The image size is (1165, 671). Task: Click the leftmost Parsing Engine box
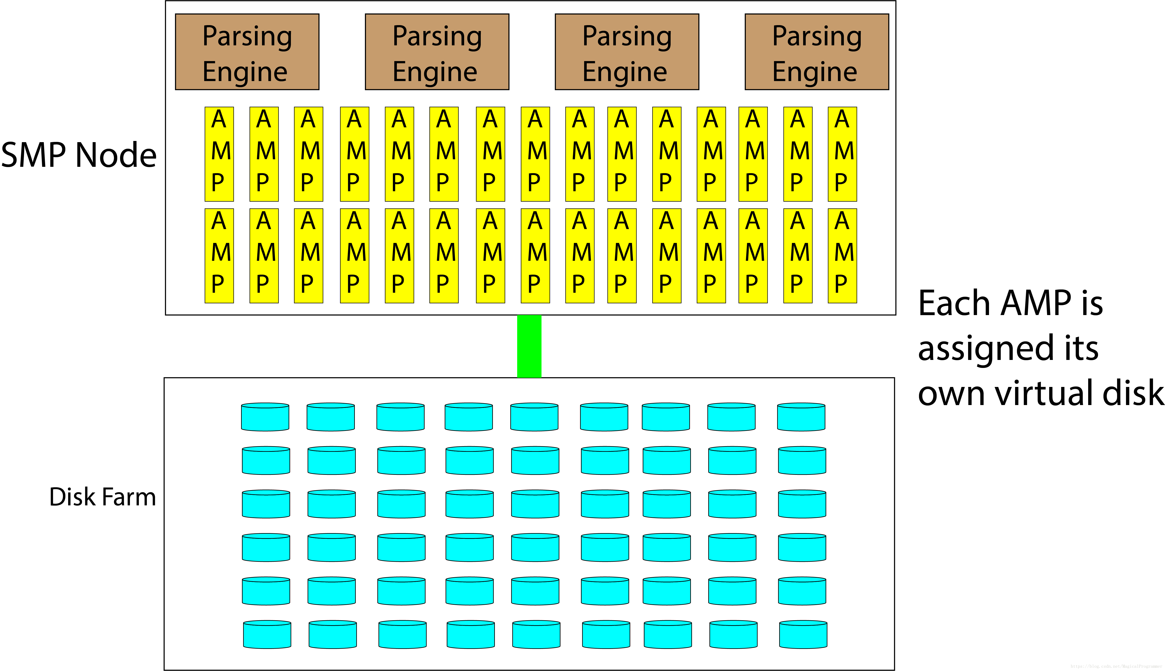pos(247,52)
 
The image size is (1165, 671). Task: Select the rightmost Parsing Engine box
pos(817,52)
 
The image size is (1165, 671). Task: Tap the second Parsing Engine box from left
pos(437,52)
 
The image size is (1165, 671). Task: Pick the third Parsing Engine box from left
pos(627,52)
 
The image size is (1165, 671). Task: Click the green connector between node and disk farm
pos(529,346)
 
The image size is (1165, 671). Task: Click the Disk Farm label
pos(102,497)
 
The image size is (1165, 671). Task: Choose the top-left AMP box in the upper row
pos(219,154)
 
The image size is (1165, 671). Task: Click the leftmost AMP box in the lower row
pos(219,256)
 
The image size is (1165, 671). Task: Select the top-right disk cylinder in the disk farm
pos(801,417)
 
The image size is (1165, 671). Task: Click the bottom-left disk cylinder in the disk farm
pos(267,635)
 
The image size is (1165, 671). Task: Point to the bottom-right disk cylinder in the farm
pos(803,635)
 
